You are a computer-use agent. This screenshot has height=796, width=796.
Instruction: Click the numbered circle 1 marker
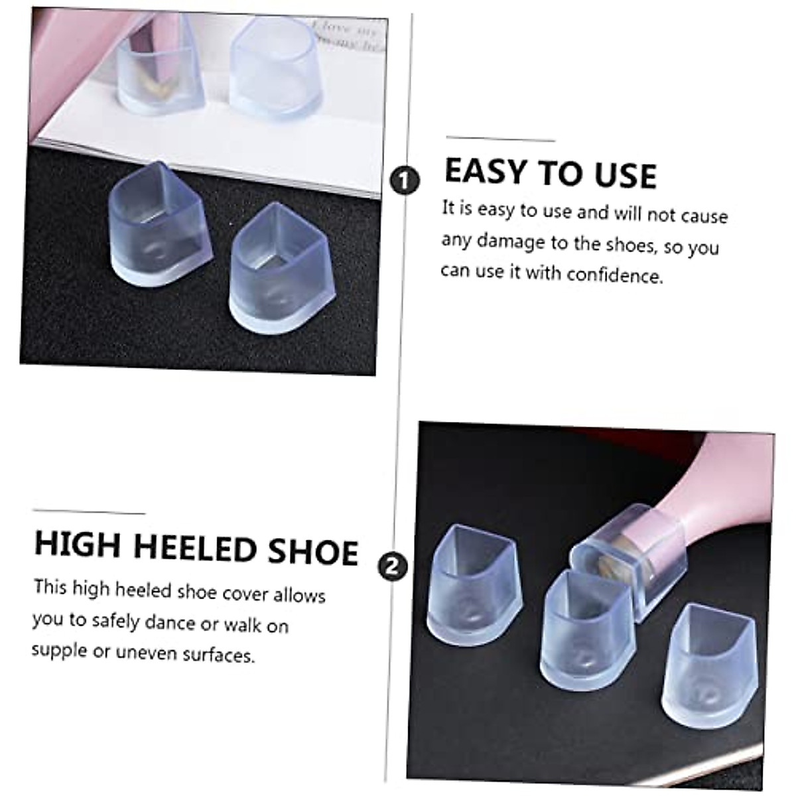pos(405,180)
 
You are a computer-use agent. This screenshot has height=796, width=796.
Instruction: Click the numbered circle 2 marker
pos(392,566)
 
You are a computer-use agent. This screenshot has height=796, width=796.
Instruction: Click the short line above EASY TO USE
pos(500,139)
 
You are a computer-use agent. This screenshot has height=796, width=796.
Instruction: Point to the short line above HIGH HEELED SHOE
pos(88,512)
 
